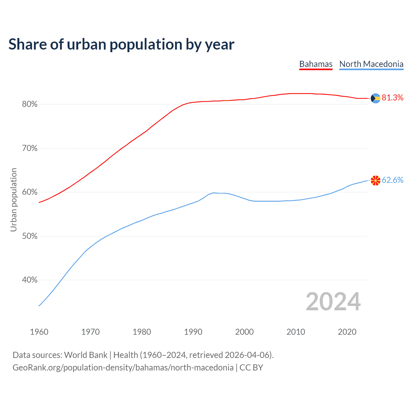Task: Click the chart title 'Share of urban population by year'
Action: [121, 44]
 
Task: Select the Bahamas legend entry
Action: [316, 64]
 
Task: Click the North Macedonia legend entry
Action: [371, 64]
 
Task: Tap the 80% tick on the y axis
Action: [30, 104]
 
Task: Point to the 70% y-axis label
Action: [30, 148]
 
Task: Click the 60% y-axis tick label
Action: [30, 192]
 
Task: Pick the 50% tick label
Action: [30, 236]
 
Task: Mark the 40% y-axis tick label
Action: [30, 280]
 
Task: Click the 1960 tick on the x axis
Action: [39, 332]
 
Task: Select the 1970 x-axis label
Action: [90, 332]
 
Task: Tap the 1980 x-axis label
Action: [142, 332]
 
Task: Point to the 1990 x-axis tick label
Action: [193, 332]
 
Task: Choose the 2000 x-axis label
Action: [244, 332]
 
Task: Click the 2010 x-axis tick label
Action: [296, 332]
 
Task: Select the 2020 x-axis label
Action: [347, 332]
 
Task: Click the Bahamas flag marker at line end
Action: [376, 98]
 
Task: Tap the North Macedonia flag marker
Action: [376, 181]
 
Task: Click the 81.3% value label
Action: [392, 98]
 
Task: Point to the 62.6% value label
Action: [392, 180]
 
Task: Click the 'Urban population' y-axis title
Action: [14, 200]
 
